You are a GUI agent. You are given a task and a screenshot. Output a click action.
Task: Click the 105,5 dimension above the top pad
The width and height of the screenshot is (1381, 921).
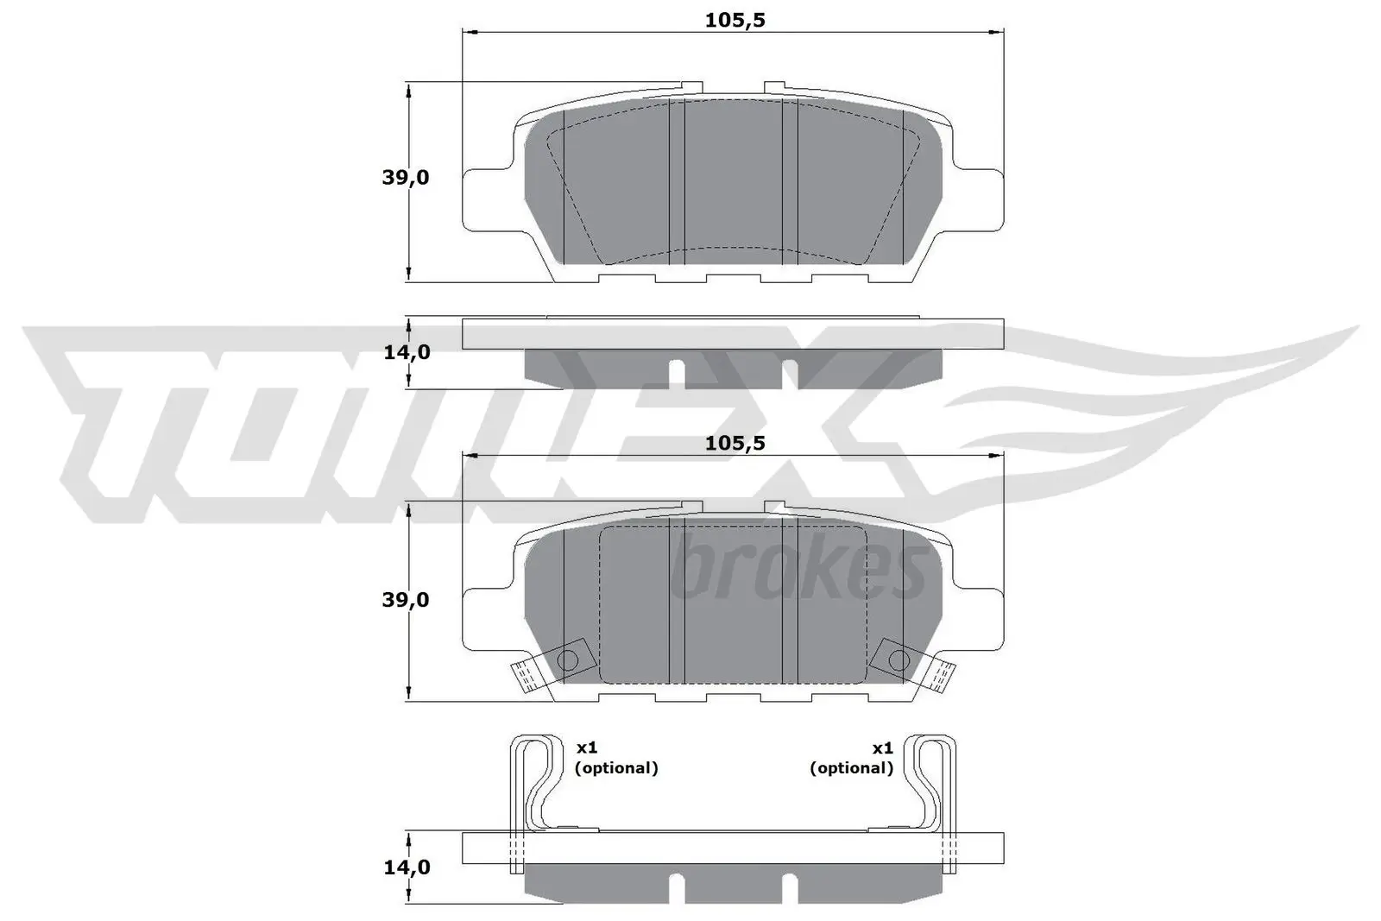pyautogui.click(x=735, y=20)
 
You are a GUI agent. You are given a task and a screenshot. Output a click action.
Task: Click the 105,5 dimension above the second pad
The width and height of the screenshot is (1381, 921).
pyautogui.click(x=735, y=443)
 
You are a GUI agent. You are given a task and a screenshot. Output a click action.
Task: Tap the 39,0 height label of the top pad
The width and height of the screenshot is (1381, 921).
pyautogui.click(x=406, y=178)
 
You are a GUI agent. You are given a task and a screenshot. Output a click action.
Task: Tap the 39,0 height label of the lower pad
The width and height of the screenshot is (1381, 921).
pyautogui.click(x=406, y=599)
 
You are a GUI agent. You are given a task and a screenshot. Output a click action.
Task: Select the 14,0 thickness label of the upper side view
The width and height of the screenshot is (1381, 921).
pyautogui.click(x=406, y=352)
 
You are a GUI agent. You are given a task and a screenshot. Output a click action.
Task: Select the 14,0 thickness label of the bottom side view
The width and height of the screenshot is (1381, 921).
pyautogui.click(x=406, y=867)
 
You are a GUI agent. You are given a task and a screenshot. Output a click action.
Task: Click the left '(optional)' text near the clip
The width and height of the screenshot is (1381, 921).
pyautogui.click(x=616, y=767)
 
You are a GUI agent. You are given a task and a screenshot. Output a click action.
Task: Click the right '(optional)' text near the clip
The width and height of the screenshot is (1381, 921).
pyautogui.click(x=851, y=767)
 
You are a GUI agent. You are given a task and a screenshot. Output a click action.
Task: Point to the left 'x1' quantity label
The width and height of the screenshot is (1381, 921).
pyautogui.click(x=587, y=748)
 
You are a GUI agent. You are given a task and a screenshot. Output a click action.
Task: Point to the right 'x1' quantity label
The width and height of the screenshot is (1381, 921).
pyautogui.click(x=882, y=748)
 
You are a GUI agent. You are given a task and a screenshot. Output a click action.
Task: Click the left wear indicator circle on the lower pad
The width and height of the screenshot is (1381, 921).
pyautogui.click(x=568, y=661)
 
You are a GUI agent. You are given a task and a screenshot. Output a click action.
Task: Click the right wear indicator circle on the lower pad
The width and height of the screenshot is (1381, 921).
pyautogui.click(x=898, y=661)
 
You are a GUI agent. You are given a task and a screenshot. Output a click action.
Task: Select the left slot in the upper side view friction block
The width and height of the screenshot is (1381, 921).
pyautogui.click(x=678, y=372)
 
